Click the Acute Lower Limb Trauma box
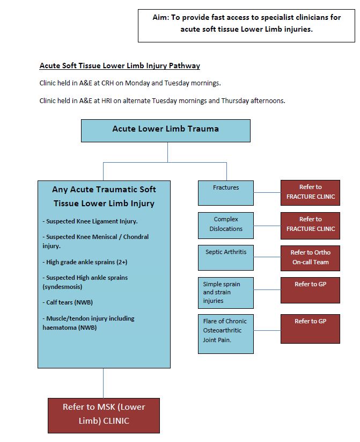(x=165, y=130)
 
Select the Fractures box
(x=225, y=193)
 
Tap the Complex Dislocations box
(x=225, y=224)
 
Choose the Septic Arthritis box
(x=225, y=257)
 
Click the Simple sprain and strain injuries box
(x=225, y=292)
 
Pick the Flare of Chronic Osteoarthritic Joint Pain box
(x=225, y=334)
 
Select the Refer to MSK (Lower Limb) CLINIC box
(x=104, y=414)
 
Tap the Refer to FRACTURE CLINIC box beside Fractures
(x=310, y=192)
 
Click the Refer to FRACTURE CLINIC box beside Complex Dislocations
(x=310, y=224)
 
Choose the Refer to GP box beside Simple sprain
(x=310, y=290)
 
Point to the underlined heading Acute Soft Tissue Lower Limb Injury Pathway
(x=120, y=66)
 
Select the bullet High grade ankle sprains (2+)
(x=86, y=262)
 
